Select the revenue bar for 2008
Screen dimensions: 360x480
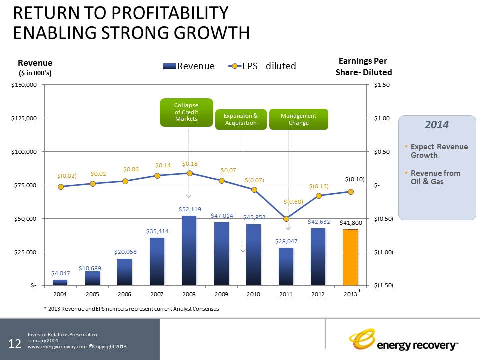(189, 250)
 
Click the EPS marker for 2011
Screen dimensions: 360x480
(286, 219)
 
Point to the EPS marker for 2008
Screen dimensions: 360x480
(189, 173)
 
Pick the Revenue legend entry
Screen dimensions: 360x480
(189, 66)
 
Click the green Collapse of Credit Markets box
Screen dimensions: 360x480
(186, 112)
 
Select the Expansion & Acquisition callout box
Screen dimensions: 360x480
(241, 119)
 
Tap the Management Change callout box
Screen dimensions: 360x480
(298, 119)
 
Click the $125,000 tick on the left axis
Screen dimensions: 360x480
(24, 118)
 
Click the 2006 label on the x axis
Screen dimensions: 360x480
(125, 295)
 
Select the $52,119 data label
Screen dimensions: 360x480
(190, 209)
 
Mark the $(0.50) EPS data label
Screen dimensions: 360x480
(293, 202)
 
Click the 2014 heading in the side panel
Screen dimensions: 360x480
(437, 125)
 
